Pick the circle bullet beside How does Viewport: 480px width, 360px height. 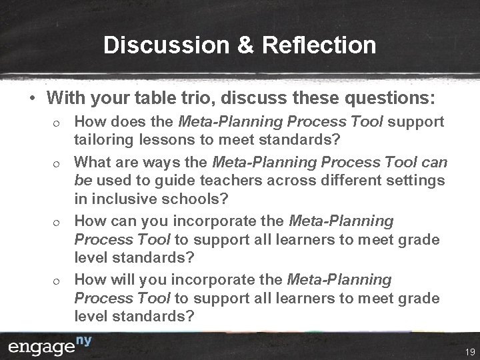click(58, 123)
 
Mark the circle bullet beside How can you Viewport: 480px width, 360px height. click(58, 221)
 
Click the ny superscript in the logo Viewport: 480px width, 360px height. click(83, 341)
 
